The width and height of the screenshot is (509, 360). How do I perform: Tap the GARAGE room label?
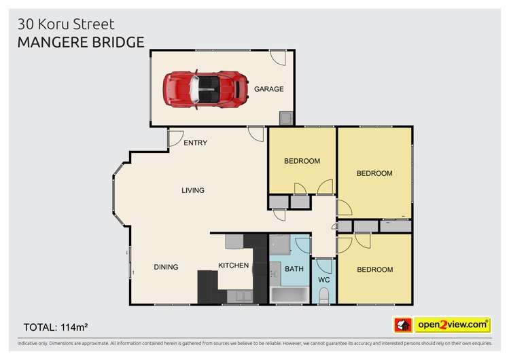(x=268, y=89)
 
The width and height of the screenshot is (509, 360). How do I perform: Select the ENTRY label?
(x=195, y=143)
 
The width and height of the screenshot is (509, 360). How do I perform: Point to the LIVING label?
(x=193, y=190)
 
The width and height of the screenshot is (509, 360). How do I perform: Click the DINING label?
(x=166, y=267)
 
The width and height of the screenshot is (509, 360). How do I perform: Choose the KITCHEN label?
(x=233, y=265)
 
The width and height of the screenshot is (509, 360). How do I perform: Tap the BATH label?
(x=294, y=269)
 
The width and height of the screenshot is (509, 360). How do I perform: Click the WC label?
(x=324, y=280)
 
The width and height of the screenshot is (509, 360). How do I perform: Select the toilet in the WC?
(x=324, y=295)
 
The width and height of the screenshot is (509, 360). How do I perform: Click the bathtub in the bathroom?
(x=289, y=295)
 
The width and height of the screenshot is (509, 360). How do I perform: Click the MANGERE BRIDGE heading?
(x=81, y=42)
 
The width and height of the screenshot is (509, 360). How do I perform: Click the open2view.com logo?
(x=453, y=325)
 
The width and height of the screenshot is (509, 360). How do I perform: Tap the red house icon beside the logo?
(x=404, y=325)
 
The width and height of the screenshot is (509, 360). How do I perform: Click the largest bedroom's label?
(x=374, y=173)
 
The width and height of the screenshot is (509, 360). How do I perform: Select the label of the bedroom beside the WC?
(x=374, y=270)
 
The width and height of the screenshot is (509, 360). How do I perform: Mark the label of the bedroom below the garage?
(x=302, y=161)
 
